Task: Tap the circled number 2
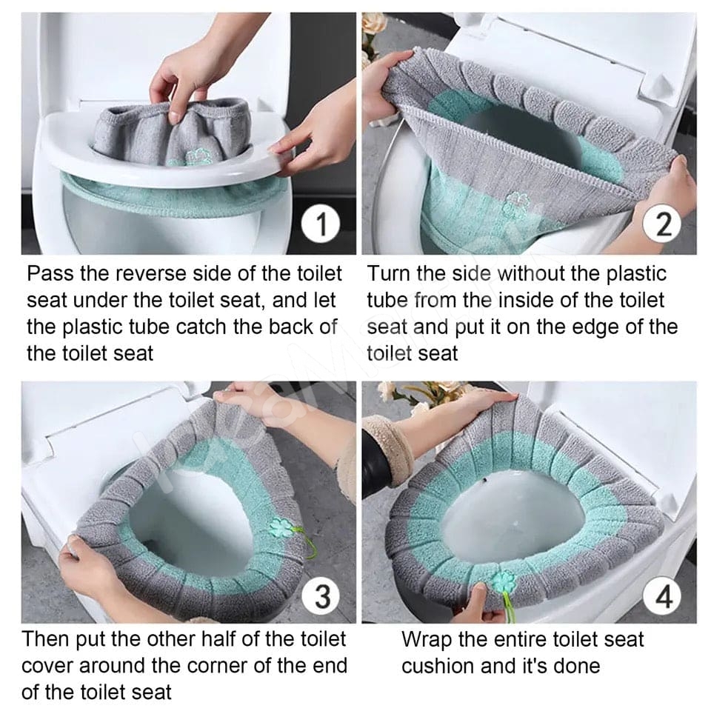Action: (x=664, y=224)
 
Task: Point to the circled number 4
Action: (x=664, y=595)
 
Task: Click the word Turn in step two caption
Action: (x=390, y=274)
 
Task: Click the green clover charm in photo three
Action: (x=282, y=527)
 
